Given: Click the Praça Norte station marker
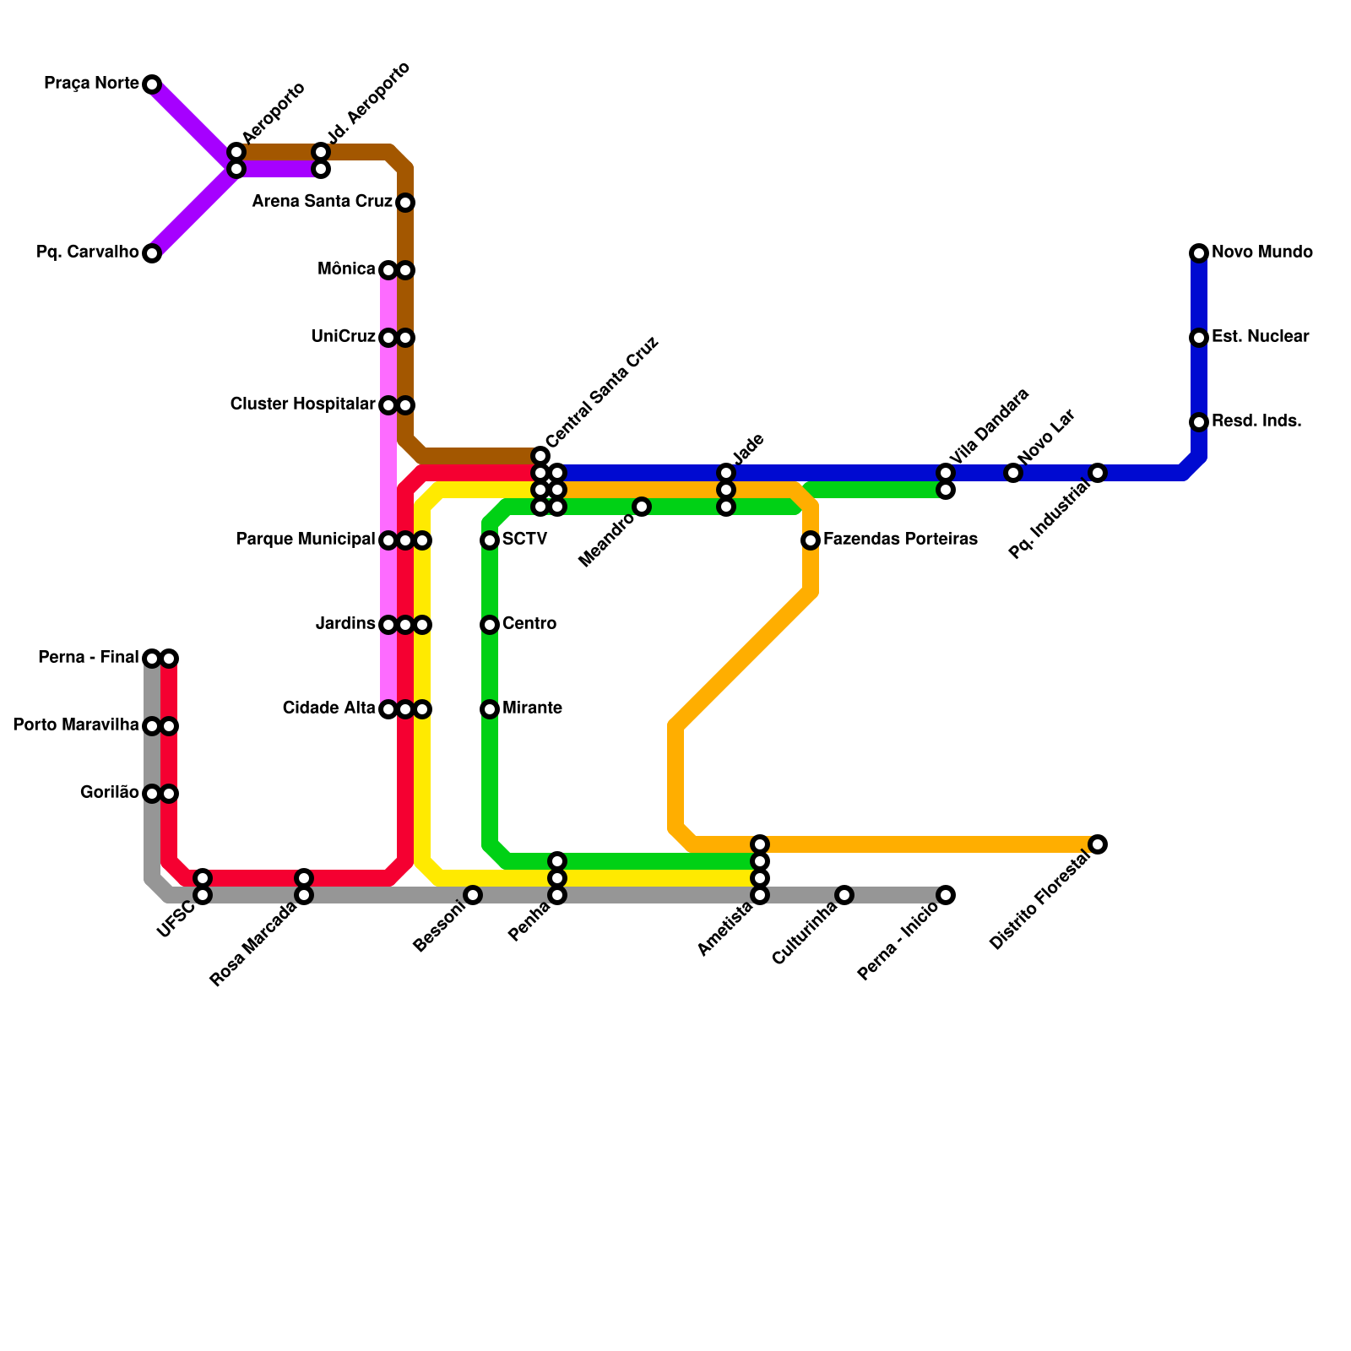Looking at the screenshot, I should click(x=152, y=84).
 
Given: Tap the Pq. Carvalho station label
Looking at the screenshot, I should click(x=88, y=252).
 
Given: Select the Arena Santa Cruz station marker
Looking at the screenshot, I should click(x=405, y=203).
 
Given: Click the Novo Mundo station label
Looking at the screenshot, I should click(x=1261, y=252).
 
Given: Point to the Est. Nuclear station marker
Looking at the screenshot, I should click(x=1199, y=338).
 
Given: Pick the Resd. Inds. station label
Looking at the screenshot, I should click(x=1256, y=421).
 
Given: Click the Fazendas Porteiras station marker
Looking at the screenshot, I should click(x=811, y=540).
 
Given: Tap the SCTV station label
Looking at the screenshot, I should click(x=524, y=540).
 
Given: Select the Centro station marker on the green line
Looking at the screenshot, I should click(x=490, y=625).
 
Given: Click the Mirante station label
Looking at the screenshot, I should click(x=532, y=708).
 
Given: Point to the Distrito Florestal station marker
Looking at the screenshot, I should click(x=1098, y=844).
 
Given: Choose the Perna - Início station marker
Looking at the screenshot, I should click(x=946, y=895).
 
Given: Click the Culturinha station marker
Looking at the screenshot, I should click(x=844, y=895).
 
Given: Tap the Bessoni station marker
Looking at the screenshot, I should click(x=473, y=895).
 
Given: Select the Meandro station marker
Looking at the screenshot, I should click(x=642, y=507).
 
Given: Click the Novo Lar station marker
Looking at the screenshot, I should click(x=1013, y=473).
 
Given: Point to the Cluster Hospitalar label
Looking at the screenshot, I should click(x=302, y=404).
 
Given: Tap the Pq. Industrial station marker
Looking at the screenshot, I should click(x=1098, y=473).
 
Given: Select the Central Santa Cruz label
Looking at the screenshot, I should click(x=601, y=393).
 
